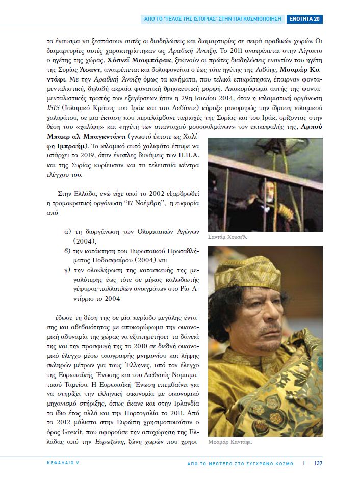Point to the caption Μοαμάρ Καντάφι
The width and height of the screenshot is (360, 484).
point(230,442)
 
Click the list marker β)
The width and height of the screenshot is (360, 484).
point(66,250)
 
